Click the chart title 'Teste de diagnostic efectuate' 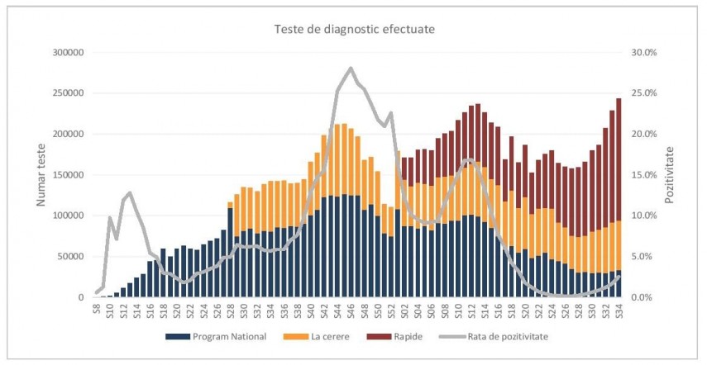(355, 29)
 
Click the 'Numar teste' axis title (41, 174)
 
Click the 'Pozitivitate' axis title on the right (669, 174)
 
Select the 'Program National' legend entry (216, 337)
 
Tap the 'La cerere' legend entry (316, 337)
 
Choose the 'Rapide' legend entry (394, 337)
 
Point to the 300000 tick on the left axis (69, 53)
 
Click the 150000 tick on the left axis (69, 175)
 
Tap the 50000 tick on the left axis (71, 257)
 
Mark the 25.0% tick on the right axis (644, 93)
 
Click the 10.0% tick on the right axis (644, 216)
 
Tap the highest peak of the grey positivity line (351, 68)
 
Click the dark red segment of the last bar (619, 159)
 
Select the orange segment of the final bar (619, 245)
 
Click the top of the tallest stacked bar (619, 98)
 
